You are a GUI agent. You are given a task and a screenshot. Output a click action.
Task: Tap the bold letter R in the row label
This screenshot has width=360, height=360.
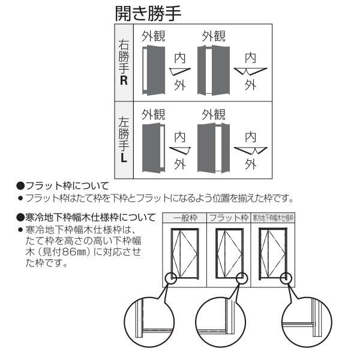tap(124, 80)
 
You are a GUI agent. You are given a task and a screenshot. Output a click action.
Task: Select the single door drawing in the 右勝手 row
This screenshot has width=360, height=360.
tap(155, 70)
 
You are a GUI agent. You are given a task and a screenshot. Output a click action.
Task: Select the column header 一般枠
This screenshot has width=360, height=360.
tap(185, 217)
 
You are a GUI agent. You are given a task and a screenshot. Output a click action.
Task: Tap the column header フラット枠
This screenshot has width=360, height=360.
tap(228, 217)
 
